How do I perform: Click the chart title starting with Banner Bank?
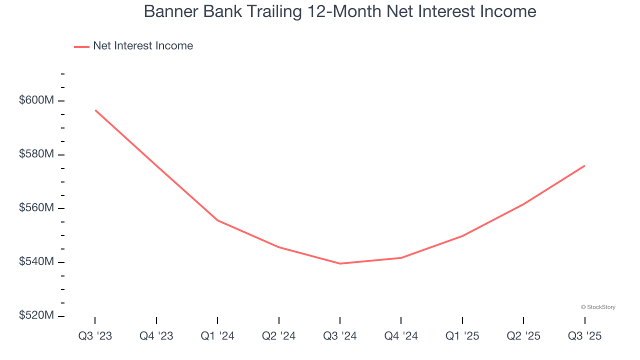click(x=340, y=11)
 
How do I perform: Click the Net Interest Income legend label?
click(x=142, y=46)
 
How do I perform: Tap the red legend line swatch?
click(x=81, y=46)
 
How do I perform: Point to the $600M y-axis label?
click(x=36, y=100)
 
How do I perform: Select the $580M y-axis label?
click(x=36, y=154)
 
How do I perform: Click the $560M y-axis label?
click(x=36, y=208)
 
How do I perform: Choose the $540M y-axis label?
click(x=36, y=262)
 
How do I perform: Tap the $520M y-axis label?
click(x=36, y=315)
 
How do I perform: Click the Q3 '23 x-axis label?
click(x=95, y=336)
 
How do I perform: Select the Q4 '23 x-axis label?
click(x=156, y=336)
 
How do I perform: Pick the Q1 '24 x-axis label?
click(x=217, y=336)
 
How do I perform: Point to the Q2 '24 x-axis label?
click(x=279, y=336)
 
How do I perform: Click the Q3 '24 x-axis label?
click(x=340, y=336)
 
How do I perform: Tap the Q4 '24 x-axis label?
click(x=401, y=336)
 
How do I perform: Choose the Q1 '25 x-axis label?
click(x=462, y=336)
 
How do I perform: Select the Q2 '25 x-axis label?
click(x=523, y=336)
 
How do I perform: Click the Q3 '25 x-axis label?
click(x=585, y=336)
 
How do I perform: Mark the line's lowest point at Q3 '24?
click(x=340, y=263)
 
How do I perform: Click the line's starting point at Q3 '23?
click(x=95, y=110)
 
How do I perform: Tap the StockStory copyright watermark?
click(x=598, y=307)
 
